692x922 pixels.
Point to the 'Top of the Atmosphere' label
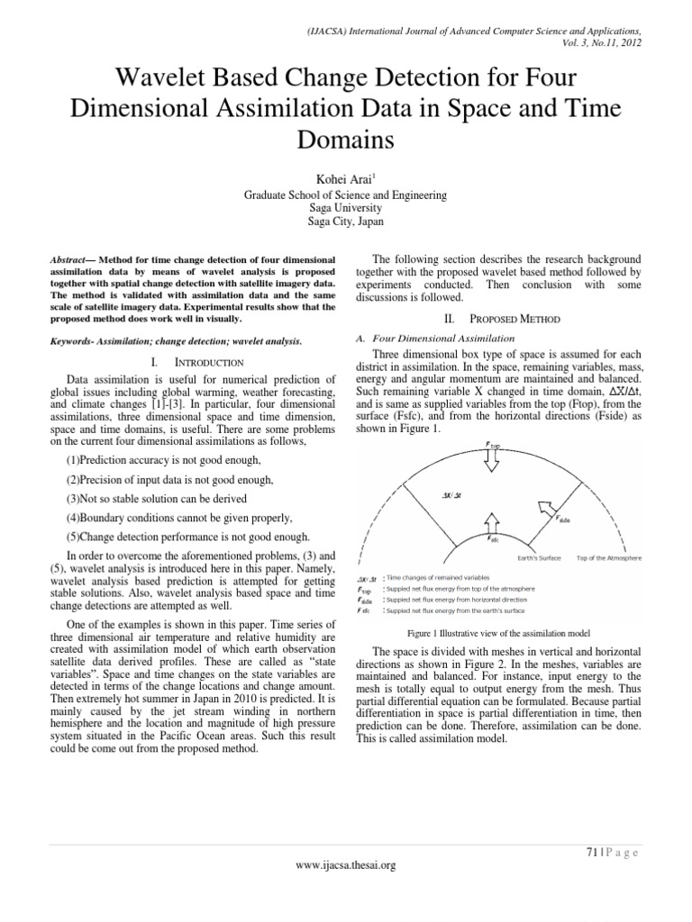(609, 558)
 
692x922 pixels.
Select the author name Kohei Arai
(344, 176)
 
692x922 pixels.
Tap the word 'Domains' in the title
(346, 139)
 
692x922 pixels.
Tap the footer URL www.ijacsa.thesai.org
(346, 865)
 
